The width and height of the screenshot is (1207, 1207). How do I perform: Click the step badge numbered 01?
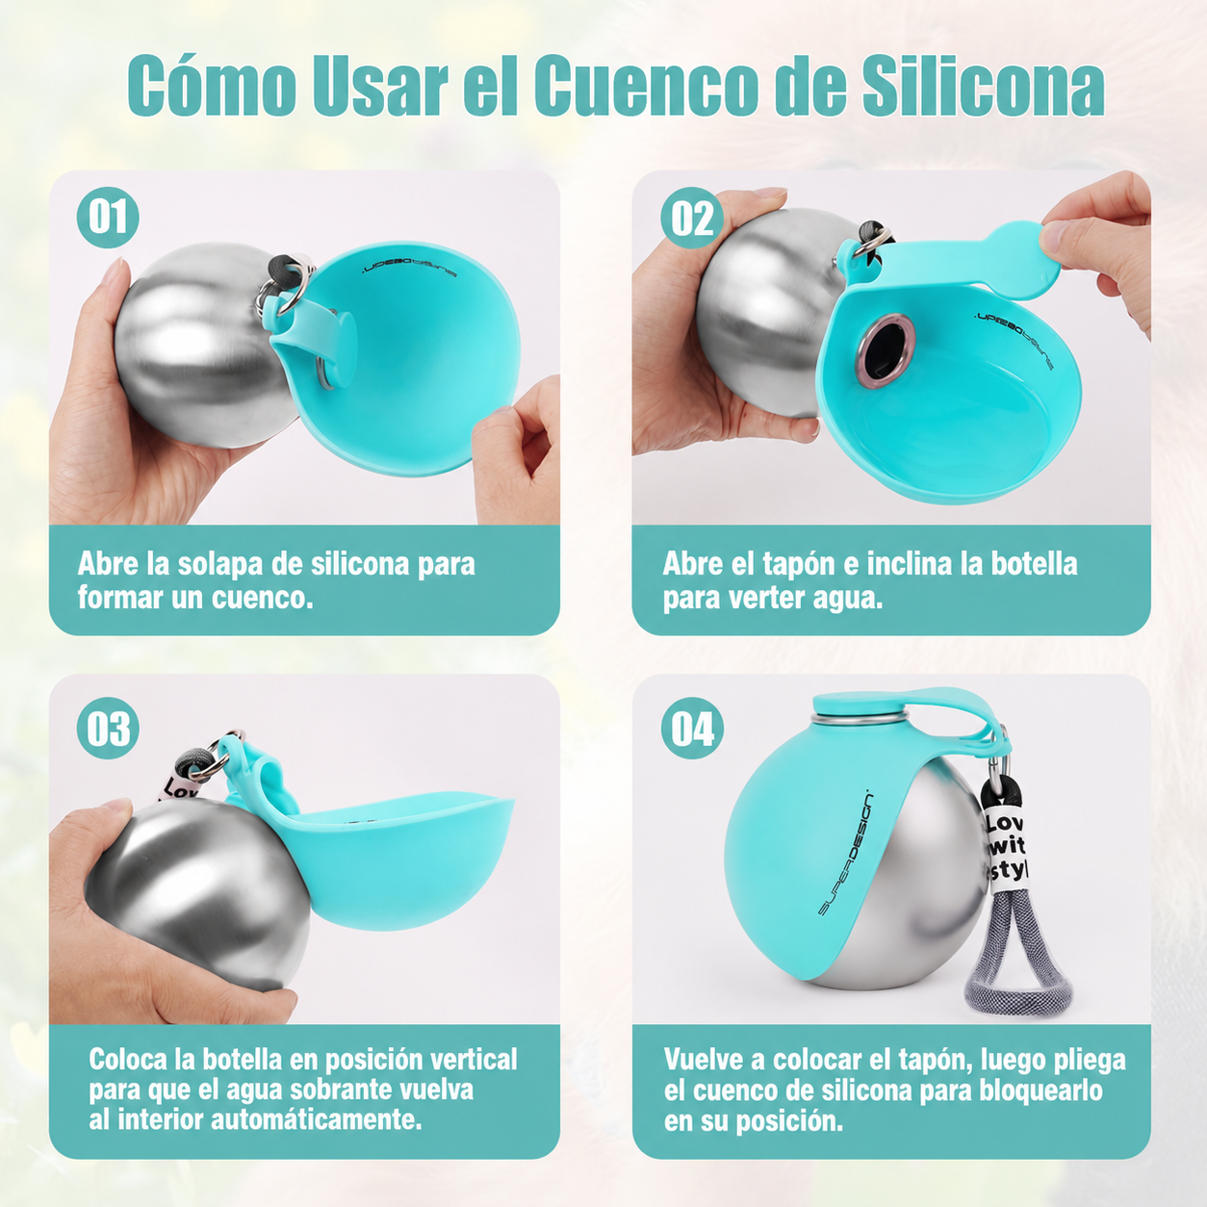[x=108, y=218]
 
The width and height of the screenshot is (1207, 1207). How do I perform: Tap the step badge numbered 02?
[x=692, y=218]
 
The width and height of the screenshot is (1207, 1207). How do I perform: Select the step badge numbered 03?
[x=108, y=729]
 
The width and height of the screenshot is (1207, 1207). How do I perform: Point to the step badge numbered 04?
[x=692, y=729]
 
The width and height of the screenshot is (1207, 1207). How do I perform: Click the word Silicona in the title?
[x=983, y=86]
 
